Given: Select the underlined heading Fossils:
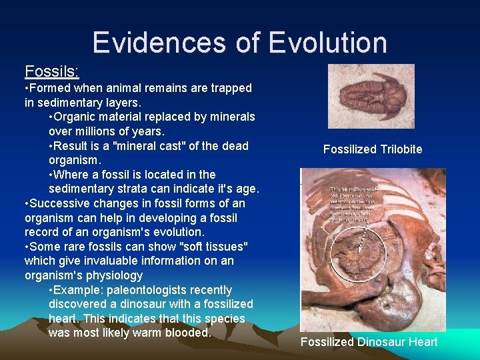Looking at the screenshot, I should (51, 71).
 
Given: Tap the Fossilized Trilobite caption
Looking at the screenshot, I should (373, 149).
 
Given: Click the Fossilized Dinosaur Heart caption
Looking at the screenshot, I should (369, 342).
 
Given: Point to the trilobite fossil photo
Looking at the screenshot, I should (371, 96).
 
